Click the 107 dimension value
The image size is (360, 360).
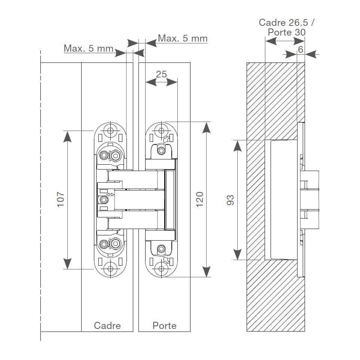61,199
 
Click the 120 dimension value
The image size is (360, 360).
200,199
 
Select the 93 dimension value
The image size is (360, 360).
230,200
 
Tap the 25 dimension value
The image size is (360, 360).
161,74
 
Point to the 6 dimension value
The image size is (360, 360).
300,49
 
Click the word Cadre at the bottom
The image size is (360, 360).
107,326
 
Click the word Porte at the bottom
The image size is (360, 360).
164,326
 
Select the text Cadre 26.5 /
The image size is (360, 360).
287,22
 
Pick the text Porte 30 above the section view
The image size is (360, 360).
287,32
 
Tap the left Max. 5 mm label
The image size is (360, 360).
88,48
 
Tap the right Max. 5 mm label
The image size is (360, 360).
183,38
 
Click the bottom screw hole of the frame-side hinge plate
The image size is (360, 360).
110,269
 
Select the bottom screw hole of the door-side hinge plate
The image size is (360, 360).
161,269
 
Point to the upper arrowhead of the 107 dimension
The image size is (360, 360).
67,137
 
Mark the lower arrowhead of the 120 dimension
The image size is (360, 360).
207,271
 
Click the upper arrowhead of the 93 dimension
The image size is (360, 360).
237,146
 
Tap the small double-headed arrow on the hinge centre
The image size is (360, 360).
111,195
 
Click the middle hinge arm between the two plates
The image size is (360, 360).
139,200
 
